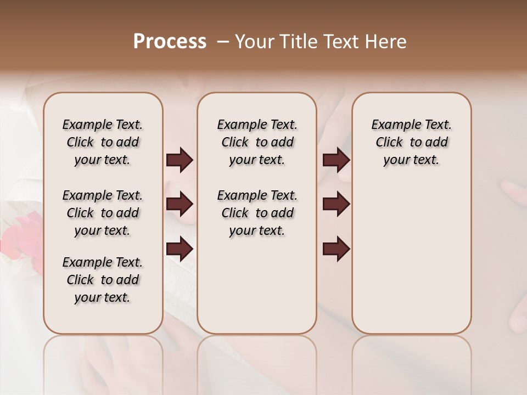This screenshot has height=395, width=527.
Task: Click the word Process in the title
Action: pos(170,42)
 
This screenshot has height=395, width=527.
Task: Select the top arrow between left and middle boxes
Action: pos(180,160)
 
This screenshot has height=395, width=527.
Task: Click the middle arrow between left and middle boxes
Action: pos(180,205)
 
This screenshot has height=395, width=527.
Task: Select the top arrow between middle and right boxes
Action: pos(336,160)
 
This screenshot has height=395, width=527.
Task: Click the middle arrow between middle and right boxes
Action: pos(336,205)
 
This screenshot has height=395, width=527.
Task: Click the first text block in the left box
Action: pos(103,142)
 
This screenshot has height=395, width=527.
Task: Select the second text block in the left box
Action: pos(103,213)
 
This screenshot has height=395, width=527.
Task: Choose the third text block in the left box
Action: pos(103,280)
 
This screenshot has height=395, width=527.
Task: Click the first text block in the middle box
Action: pos(257,142)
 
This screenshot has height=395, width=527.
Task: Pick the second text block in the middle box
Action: pos(257,213)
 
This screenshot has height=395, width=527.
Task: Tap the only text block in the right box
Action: pos(411,142)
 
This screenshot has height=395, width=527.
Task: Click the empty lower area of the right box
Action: pos(411,258)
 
